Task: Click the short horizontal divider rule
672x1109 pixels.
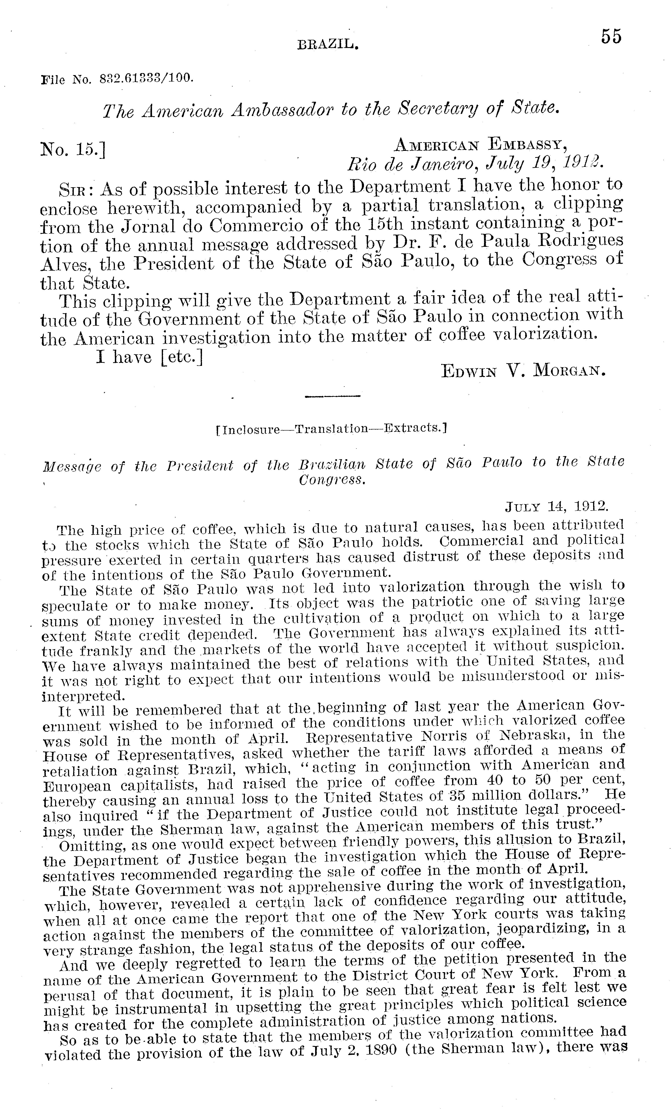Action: tap(333, 396)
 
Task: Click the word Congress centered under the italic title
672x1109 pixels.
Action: tap(332, 480)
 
